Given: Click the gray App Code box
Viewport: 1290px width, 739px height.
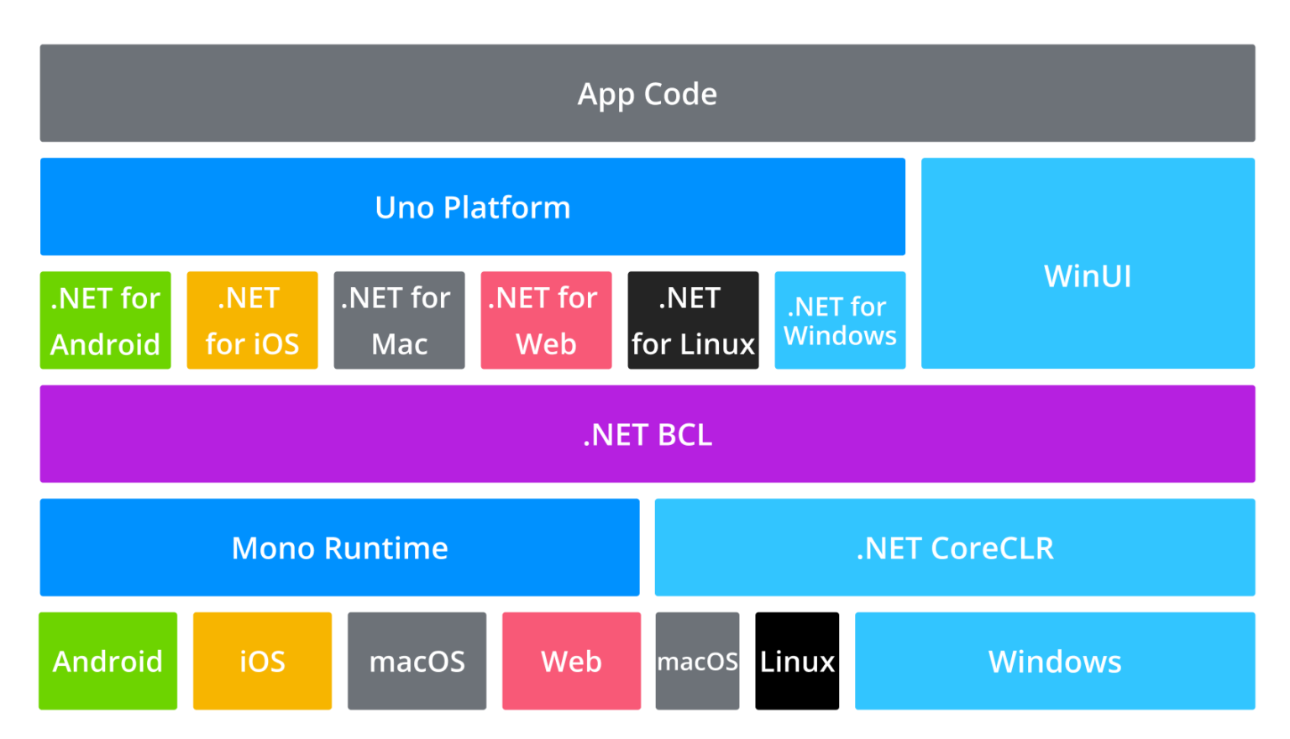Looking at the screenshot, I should point(647,93).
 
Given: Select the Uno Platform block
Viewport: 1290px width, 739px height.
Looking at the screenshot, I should point(472,207).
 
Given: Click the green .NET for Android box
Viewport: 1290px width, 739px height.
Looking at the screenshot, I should point(105,320).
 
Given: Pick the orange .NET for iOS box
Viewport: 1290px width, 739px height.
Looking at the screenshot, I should point(252,320).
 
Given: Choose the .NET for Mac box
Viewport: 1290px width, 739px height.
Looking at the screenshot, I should point(399,320).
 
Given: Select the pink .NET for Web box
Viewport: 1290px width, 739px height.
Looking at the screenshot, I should point(546,320).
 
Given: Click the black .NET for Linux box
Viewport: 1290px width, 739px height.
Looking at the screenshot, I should point(693,320).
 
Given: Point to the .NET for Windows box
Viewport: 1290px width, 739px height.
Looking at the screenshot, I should point(840,320).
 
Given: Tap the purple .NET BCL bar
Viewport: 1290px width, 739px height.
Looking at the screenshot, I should point(647,434).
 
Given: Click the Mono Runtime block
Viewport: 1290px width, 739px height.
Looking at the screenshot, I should point(339,548).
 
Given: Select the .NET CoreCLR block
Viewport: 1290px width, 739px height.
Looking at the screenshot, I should point(955,548).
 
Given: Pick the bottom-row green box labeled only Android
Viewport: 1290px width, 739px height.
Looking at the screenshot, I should point(107,661).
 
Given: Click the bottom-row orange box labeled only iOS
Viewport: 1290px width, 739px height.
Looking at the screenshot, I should point(262,661).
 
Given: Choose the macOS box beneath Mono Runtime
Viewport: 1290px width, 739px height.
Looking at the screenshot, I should point(417,661).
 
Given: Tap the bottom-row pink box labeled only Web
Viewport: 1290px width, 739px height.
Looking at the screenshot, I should point(571,661).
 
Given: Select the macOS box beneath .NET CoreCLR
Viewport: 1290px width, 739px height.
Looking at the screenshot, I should point(697,661).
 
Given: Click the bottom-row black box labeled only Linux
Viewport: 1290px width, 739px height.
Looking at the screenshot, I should point(797,661).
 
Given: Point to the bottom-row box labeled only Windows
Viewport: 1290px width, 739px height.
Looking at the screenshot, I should point(1055,661).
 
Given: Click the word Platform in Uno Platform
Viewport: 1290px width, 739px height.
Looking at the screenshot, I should point(507,207).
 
